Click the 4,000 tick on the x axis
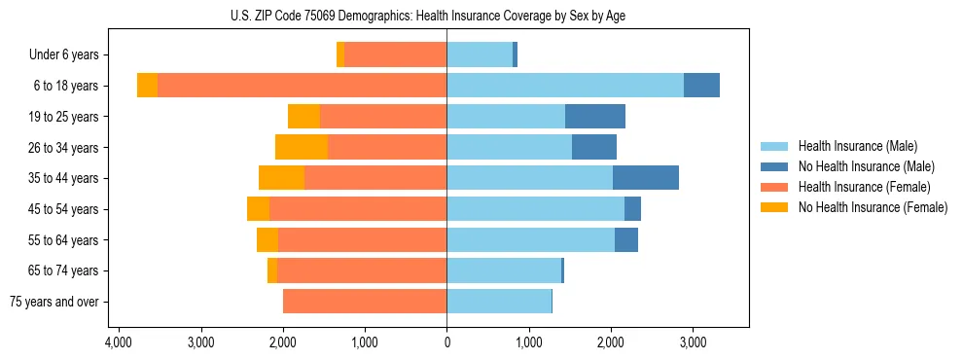(119, 342)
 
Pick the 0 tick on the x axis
(446, 342)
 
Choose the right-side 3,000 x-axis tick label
(693, 342)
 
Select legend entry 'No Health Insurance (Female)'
(873, 207)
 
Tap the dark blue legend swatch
(775, 166)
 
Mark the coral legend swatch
(775, 187)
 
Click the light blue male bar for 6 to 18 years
(565, 86)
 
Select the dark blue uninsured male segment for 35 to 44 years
(646, 178)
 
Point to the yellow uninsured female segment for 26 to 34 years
(302, 147)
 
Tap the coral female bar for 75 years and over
(365, 302)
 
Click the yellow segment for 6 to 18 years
(147, 86)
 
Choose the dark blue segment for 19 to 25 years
(595, 117)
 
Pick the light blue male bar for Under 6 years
(480, 55)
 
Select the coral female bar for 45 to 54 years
(309, 209)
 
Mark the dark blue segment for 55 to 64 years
(626, 240)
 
